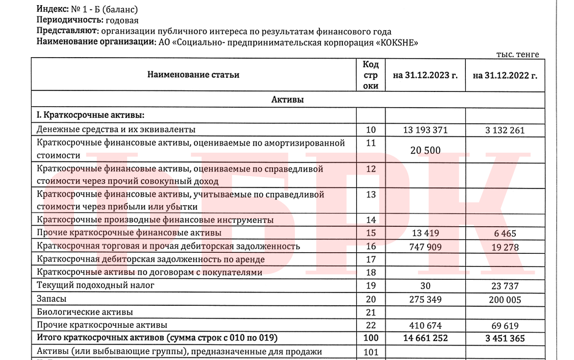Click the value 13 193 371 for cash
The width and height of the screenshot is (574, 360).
coord(425,130)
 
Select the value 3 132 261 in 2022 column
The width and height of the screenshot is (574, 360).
coord(505,130)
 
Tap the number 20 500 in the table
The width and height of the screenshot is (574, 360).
coord(425,150)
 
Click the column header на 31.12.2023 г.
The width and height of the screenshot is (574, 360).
coord(425,75)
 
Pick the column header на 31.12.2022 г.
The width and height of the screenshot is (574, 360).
coord(505,75)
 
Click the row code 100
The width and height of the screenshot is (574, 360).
coord(371,338)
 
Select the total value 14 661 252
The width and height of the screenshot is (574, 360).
coord(425,338)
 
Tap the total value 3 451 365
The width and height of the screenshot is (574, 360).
coord(505,338)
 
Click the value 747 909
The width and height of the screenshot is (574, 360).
coord(425,247)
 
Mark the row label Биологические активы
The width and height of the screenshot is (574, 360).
coord(85,311)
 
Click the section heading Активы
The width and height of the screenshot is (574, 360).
coord(287,100)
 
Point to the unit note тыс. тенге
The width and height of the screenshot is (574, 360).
coord(517,55)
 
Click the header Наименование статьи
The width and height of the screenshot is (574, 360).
coord(193,75)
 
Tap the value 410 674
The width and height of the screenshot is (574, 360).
coord(425,325)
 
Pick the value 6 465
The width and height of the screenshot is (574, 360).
coord(505,234)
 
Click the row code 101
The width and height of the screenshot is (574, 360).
coord(371,351)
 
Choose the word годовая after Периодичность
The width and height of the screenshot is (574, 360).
coord(122,20)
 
